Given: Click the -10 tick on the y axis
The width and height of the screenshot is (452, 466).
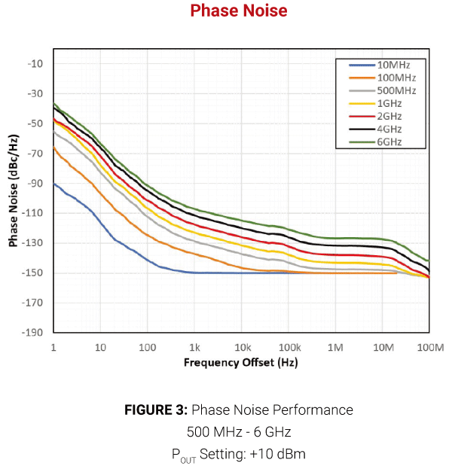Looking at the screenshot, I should coord(35,64).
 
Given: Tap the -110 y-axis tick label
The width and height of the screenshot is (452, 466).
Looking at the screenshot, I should coord(33,213).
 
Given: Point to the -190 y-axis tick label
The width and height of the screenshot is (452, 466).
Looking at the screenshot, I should coord(33,333).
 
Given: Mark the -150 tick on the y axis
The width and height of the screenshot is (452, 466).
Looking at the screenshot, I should coord(33,273).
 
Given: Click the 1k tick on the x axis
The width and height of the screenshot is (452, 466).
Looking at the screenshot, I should coord(194,347).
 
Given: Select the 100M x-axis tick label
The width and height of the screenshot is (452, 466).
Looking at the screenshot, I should coord(428,347).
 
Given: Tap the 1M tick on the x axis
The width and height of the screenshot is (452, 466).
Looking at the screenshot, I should coord(335,347).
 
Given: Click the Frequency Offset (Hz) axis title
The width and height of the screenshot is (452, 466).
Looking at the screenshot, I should coord(240,363).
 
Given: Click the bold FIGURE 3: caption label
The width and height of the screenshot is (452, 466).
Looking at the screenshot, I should coord(156,410).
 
